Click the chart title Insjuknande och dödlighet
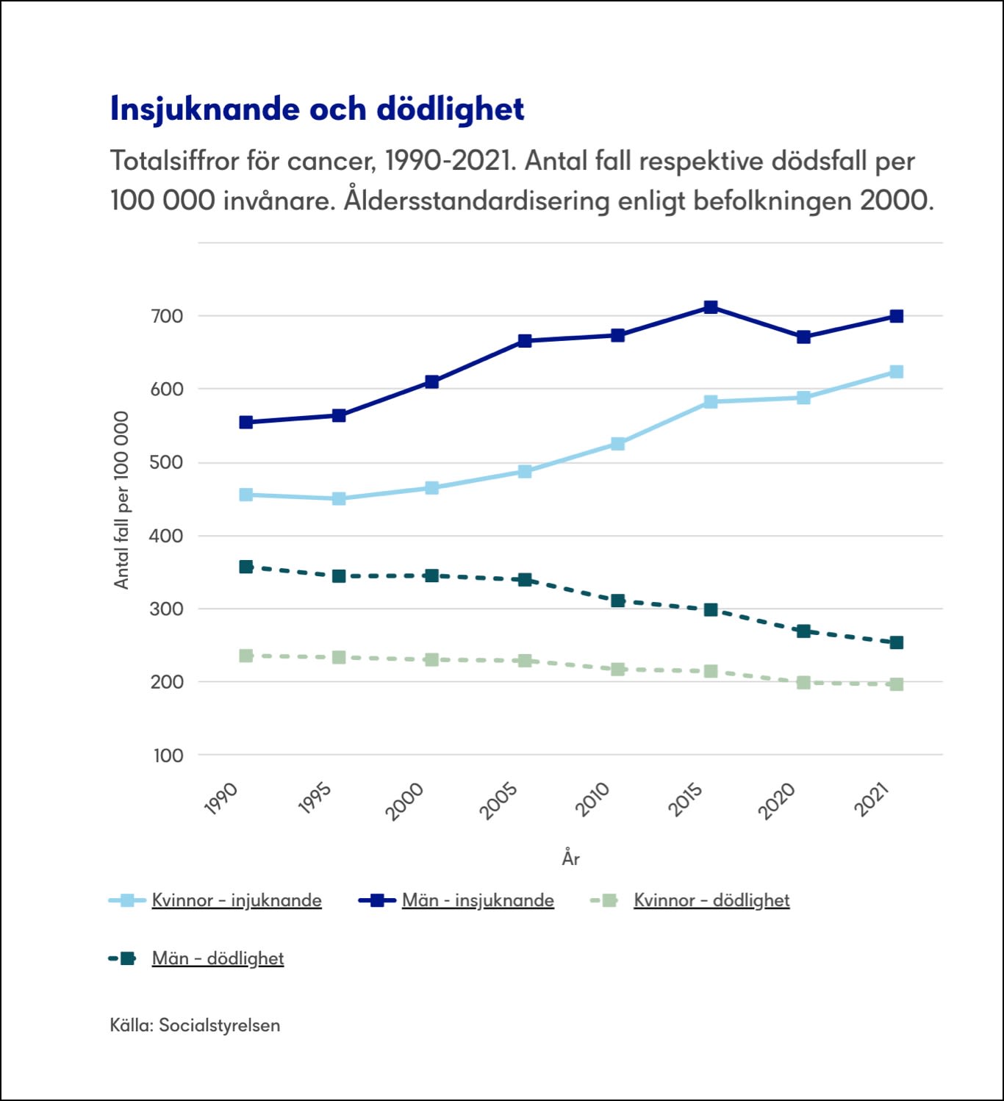[317, 109]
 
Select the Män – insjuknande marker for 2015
[711, 307]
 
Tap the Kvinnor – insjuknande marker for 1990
[246, 495]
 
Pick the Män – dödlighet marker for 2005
[525, 580]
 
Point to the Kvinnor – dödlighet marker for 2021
[896, 684]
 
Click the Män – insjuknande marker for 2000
[432, 382]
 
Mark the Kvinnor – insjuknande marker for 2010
[618, 444]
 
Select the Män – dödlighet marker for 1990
[246, 567]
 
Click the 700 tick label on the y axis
[167, 317]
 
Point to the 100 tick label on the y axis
[168, 756]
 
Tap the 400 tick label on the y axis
[167, 536]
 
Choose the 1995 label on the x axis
[315, 799]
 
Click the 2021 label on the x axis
[872, 799]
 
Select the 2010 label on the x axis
[593, 799]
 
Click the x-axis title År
[571, 858]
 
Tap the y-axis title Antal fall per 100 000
[121, 500]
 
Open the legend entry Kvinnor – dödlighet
[711, 900]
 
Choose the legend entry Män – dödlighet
[218, 958]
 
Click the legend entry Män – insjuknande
[478, 900]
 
